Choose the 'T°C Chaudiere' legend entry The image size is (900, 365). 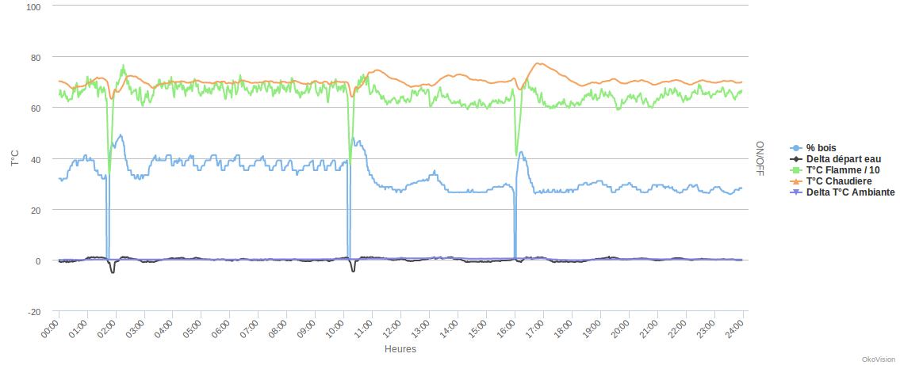tap(840, 181)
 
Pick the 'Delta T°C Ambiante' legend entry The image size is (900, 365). tap(850, 192)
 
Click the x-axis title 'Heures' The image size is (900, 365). tap(400, 348)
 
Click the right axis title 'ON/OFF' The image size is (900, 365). tap(759, 158)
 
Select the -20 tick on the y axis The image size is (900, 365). tap(34, 312)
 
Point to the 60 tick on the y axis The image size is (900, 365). tap(35, 108)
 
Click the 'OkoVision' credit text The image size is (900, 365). tap(878, 359)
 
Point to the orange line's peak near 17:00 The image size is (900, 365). tap(538, 63)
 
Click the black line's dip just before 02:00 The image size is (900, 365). tap(113, 272)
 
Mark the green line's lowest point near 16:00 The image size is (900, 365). tap(516, 154)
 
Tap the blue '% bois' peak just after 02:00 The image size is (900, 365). tap(120, 135)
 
